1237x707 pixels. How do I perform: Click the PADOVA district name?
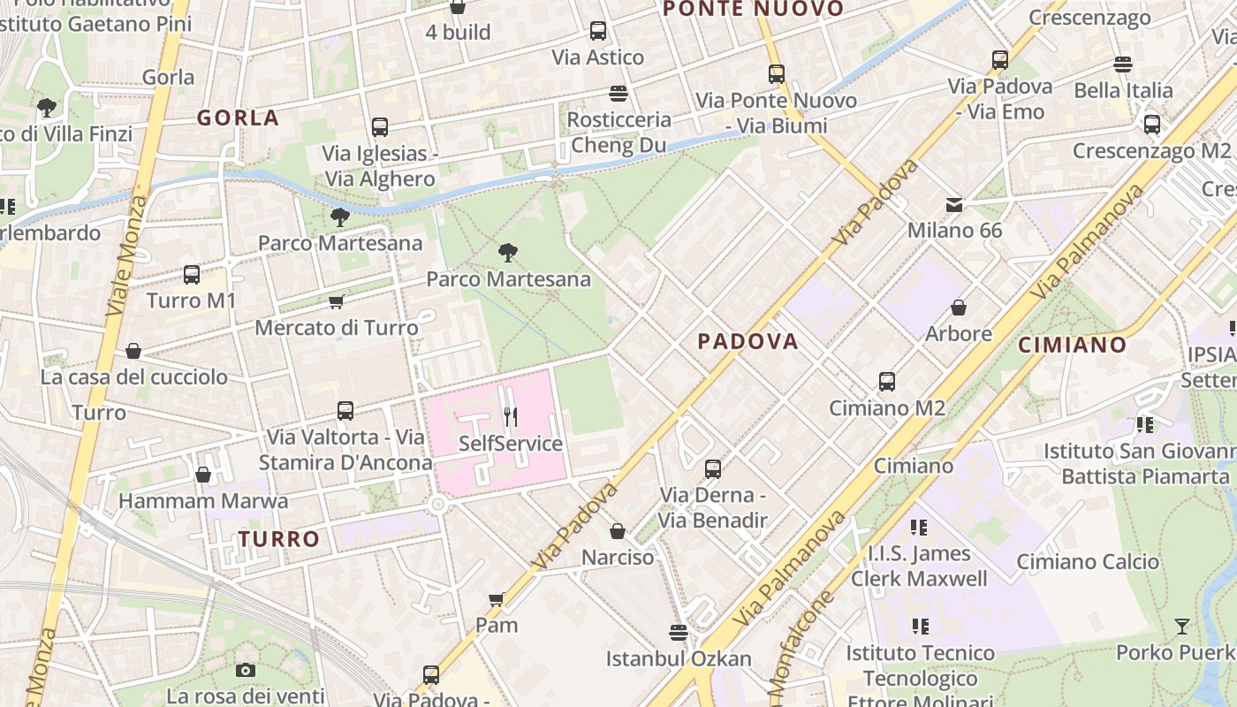click(x=748, y=341)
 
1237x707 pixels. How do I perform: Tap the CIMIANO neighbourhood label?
click(x=1072, y=345)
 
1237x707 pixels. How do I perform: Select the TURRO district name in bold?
click(x=279, y=539)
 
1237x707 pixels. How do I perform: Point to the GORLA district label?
click(x=238, y=118)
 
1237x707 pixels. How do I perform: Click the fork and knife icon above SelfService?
click(x=511, y=416)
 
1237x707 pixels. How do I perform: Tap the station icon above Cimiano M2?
click(x=887, y=382)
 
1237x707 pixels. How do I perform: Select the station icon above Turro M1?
click(x=192, y=275)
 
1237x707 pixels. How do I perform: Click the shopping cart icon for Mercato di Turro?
click(x=337, y=302)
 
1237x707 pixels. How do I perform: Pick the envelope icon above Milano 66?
click(x=954, y=205)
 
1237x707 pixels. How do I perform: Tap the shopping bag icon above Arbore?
click(x=959, y=308)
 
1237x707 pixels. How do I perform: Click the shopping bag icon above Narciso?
click(x=618, y=531)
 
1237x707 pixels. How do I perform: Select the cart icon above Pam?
click(x=497, y=599)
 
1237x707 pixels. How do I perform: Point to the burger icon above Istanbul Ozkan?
click(x=679, y=633)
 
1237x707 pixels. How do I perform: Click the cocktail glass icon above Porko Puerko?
click(x=1181, y=627)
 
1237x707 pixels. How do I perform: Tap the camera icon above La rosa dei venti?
click(x=246, y=671)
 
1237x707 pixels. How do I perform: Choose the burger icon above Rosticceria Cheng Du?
click(x=618, y=93)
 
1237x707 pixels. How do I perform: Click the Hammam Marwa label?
click(x=203, y=501)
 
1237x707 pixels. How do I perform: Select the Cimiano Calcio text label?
click(x=1088, y=562)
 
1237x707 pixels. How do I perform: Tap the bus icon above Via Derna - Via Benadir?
click(x=713, y=469)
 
